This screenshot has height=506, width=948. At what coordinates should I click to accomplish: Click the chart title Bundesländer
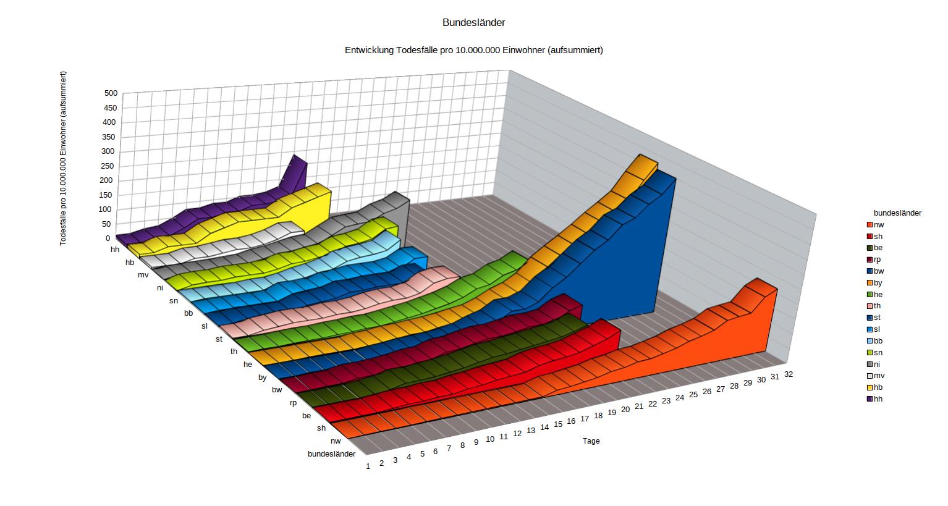(474, 23)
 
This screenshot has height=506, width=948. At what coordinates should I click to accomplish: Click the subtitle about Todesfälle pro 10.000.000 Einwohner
(474, 50)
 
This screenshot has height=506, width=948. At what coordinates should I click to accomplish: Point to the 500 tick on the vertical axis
(111, 93)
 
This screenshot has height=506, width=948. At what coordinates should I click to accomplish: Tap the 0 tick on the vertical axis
(108, 238)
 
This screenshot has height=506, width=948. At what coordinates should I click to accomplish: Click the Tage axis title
(591, 441)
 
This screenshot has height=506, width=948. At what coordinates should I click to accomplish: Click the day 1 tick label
(368, 466)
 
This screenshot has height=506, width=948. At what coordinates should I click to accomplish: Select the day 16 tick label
(571, 421)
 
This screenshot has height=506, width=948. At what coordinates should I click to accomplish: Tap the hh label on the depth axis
(115, 250)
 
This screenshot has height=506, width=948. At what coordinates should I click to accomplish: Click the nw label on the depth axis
(336, 441)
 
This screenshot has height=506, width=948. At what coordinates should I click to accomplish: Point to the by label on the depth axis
(263, 377)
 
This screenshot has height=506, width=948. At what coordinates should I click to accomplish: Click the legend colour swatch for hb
(869, 387)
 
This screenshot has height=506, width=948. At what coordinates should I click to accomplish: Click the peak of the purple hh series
(295, 156)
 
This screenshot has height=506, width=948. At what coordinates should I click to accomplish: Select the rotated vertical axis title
(63, 158)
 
